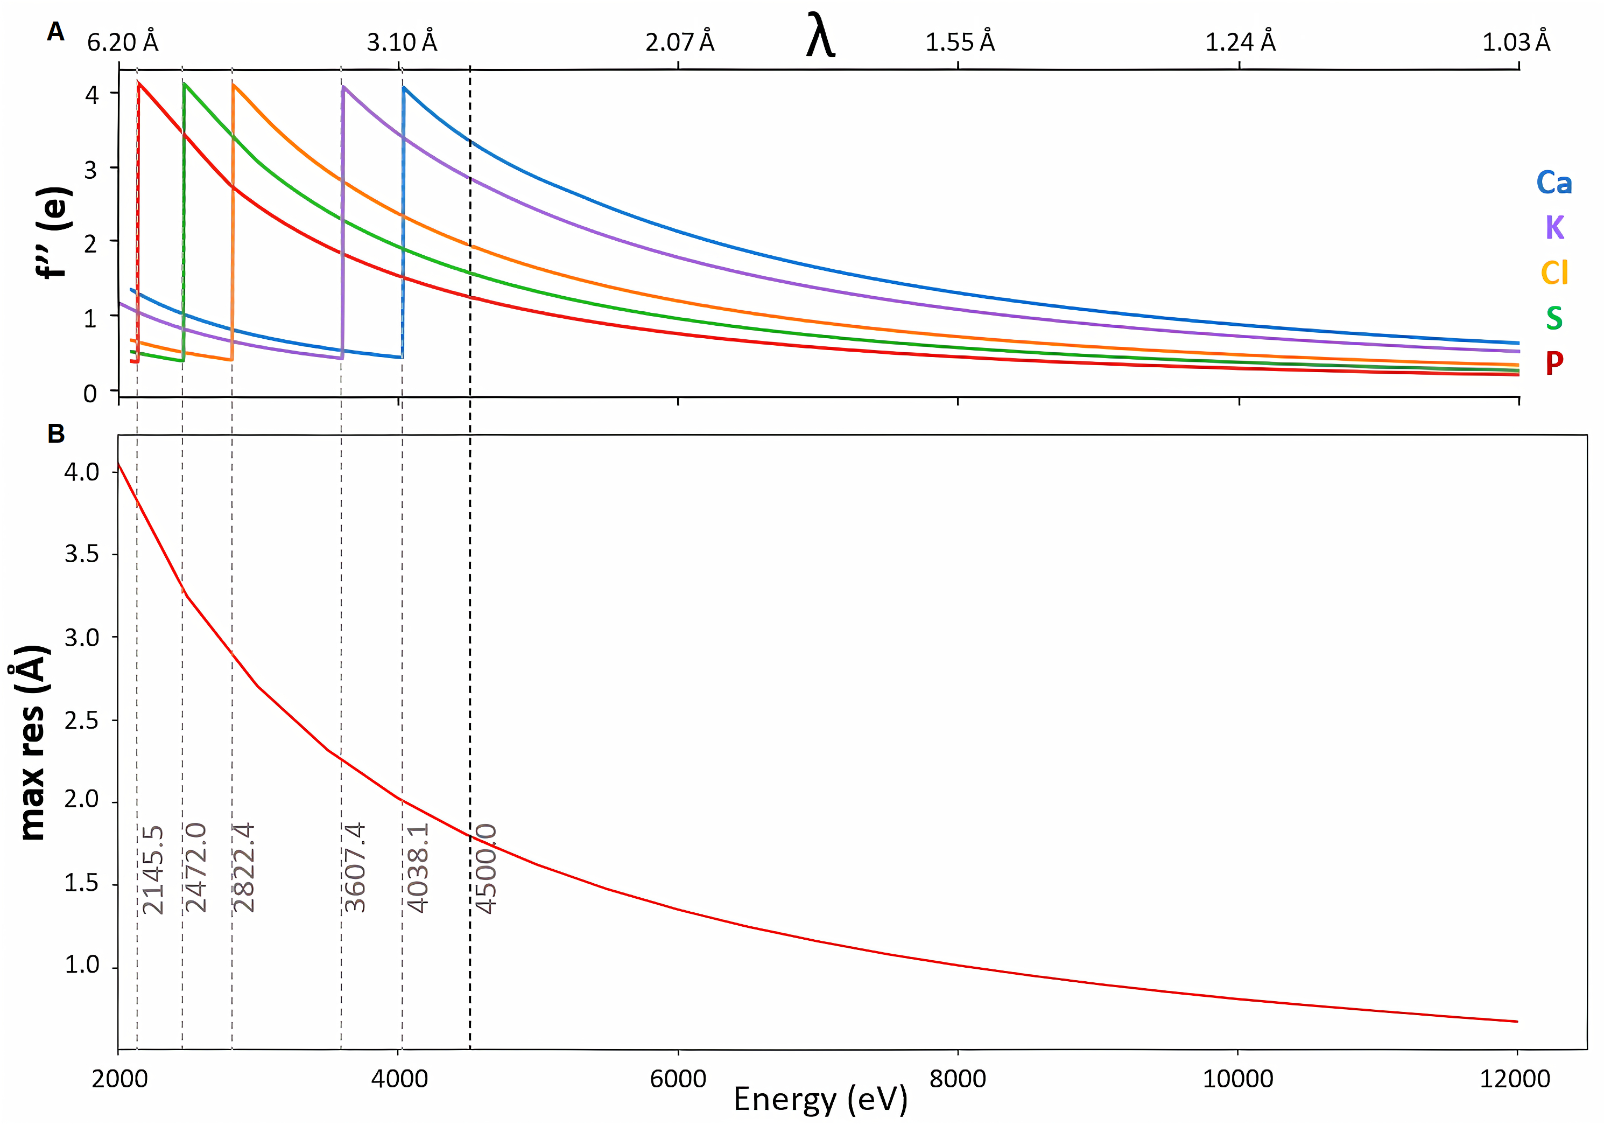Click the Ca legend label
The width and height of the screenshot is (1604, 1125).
tap(1554, 183)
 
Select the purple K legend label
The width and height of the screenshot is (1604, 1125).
tap(1554, 228)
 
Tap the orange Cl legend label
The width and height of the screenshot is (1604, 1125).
tap(1554, 272)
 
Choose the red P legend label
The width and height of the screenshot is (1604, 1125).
tap(1554, 362)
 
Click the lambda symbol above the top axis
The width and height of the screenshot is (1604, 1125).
tap(820, 36)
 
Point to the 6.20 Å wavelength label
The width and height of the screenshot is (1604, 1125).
tap(123, 43)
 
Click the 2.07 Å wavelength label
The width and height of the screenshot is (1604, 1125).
tap(680, 43)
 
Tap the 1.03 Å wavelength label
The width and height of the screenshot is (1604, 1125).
tap(1516, 43)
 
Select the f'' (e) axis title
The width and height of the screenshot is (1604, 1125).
tap(54, 233)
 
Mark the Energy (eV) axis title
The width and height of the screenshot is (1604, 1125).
tap(820, 1099)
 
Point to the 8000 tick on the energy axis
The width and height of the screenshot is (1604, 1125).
tap(958, 1079)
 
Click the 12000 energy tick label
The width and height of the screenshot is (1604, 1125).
tap(1515, 1079)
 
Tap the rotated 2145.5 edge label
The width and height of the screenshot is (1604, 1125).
tap(153, 869)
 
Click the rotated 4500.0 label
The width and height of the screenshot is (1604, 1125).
tap(486, 869)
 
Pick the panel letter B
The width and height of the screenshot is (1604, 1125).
tap(56, 434)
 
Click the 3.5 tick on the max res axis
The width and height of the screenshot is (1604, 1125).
tap(82, 555)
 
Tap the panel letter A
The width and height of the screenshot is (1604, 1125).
tap(56, 31)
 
